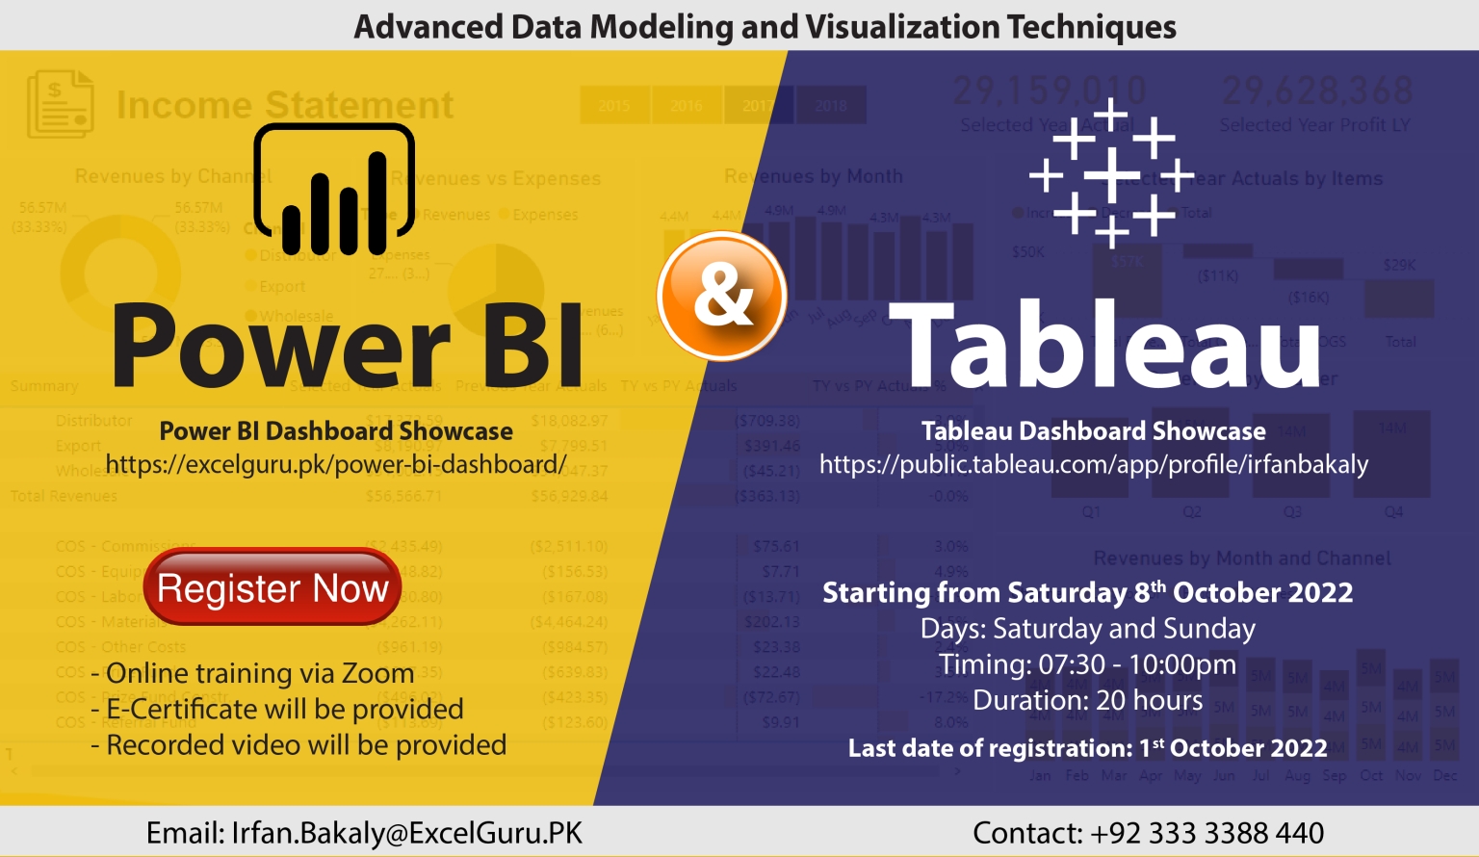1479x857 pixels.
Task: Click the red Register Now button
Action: click(x=272, y=587)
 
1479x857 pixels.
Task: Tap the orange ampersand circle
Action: click(x=722, y=296)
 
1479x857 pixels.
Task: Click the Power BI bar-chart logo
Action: click(x=334, y=191)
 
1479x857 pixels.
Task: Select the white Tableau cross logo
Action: click(x=1111, y=173)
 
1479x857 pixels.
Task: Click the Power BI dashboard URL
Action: click(x=336, y=465)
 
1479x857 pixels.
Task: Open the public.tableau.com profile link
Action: click(x=1093, y=465)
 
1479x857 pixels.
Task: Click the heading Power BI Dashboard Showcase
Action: click(x=336, y=431)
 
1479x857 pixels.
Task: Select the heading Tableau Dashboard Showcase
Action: click(x=1093, y=431)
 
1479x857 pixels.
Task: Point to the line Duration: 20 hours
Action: click(x=1087, y=700)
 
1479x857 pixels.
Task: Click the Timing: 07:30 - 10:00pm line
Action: click(x=1087, y=664)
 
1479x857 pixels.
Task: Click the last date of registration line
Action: click(x=1087, y=748)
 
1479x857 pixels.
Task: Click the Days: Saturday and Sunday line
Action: click(x=1087, y=629)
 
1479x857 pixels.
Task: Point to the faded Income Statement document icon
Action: click(x=60, y=104)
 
